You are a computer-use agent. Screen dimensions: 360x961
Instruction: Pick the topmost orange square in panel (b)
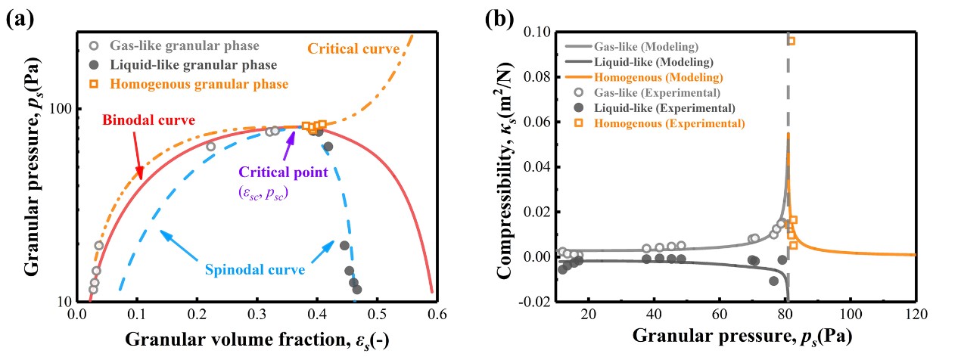(791, 41)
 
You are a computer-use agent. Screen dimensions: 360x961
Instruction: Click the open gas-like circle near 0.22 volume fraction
(210, 147)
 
